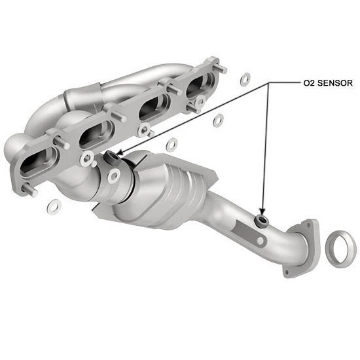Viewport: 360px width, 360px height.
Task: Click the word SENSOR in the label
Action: pyautogui.click(x=332, y=84)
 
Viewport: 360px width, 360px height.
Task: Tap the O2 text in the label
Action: pyautogui.click(x=308, y=84)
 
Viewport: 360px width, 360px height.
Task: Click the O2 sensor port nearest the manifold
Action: pyautogui.click(x=111, y=156)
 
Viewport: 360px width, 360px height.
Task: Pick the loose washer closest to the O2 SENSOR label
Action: pyautogui.click(x=245, y=80)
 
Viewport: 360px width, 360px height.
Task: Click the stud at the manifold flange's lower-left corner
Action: pyautogui.click(x=29, y=191)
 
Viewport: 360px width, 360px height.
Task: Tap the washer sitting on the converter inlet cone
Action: pyautogui.click(x=114, y=175)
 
